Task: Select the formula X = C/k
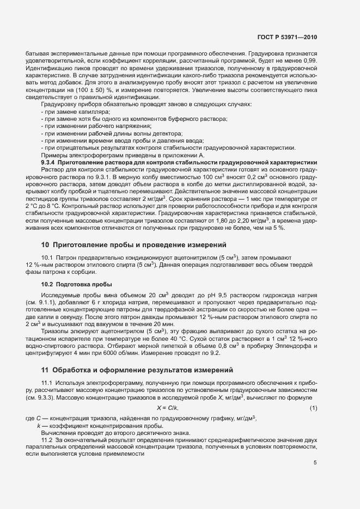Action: click(x=168, y=408)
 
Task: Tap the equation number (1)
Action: click(x=313, y=408)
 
